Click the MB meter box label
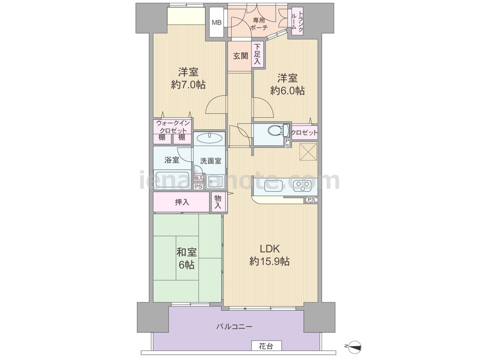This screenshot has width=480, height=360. tap(217, 23)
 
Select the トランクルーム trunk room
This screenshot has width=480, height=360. tap(297, 21)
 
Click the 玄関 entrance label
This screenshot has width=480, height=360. tap(240, 56)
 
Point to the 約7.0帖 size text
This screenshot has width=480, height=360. tap(188, 84)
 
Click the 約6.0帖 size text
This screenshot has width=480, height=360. tap(287, 91)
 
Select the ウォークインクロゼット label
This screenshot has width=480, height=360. tap(173, 127)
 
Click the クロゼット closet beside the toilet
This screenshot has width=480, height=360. tap(304, 133)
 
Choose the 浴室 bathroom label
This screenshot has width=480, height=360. tap(172, 160)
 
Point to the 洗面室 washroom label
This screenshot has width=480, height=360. tap(211, 161)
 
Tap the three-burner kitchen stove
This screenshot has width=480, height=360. tap(302, 185)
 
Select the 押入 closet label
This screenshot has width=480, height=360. tap(182, 202)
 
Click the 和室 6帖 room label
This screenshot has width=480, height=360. tap(186, 258)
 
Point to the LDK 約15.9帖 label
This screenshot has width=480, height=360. tap(270, 255)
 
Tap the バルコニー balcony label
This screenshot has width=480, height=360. tap(234, 326)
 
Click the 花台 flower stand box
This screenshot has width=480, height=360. tap(266, 346)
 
